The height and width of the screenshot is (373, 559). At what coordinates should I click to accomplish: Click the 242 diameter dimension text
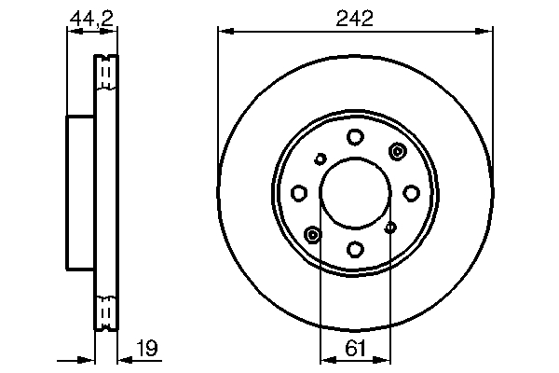coord(354,18)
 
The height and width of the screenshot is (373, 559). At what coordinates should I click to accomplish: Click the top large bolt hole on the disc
coord(355,138)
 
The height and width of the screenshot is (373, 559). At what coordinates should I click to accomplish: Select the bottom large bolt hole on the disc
coord(355,249)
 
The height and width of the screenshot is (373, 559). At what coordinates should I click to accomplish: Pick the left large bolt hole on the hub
coord(299,193)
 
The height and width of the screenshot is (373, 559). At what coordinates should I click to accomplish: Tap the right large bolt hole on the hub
coord(411,193)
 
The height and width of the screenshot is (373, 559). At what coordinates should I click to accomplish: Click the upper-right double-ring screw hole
coord(398,152)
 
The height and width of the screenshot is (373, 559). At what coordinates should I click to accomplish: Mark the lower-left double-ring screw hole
coord(312,234)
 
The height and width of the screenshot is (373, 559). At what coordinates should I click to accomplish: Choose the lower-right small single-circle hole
coord(391,228)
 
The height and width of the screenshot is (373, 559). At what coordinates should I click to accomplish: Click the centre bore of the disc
coord(355,193)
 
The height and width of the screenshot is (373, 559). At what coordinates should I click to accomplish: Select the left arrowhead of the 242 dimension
coord(223,31)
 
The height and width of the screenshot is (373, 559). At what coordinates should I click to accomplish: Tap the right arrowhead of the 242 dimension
coord(487,31)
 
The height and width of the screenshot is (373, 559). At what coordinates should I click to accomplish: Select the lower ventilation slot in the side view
coord(106,310)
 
